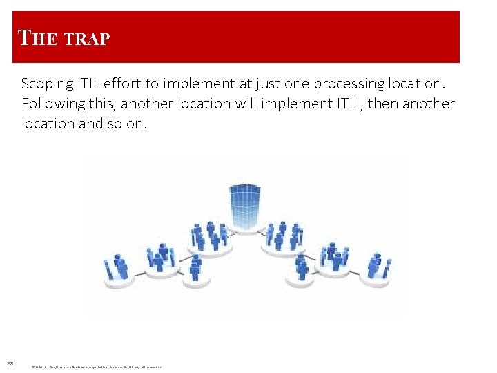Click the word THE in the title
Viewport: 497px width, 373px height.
coord(37,38)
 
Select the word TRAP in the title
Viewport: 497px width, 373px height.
coord(86,40)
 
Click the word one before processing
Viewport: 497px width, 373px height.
coord(297,84)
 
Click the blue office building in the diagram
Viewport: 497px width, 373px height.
coord(245,206)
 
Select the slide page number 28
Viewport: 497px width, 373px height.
coord(10,363)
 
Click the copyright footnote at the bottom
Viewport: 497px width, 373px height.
coord(97,366)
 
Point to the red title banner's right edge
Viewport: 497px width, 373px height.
coord(458,37)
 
